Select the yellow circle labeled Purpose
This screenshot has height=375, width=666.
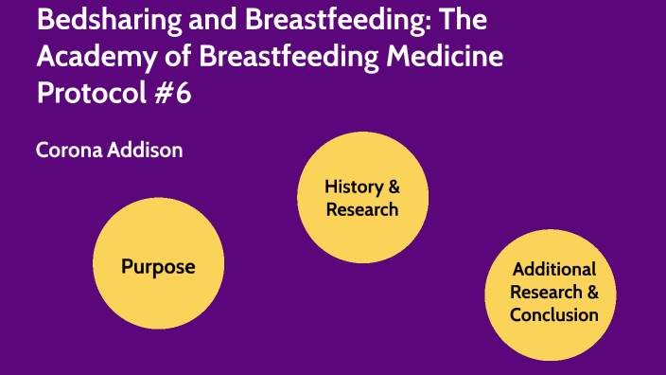[158, 266]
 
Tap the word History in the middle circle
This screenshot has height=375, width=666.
[355, 187]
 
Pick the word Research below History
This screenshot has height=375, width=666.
[362, 209]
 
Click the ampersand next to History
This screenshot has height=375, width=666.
[394, 187]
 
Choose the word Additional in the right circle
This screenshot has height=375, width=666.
[554, 269]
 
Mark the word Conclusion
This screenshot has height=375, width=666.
[554, 314]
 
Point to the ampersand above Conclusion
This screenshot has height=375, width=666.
[592, 292]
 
